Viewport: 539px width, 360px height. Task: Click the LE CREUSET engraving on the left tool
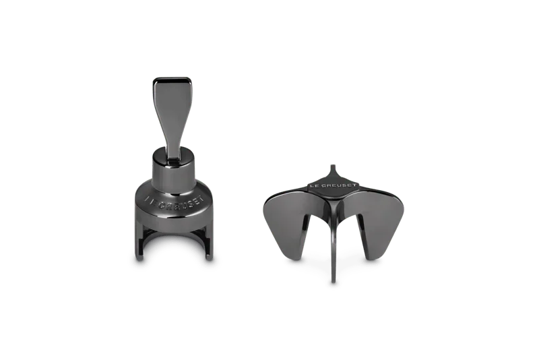[x=175, y=202]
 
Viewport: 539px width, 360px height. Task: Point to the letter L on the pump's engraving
[x=147, y=198]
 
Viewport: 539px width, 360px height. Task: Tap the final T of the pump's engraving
[x=201, y=199]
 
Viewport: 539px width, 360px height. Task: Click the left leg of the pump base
[x=139, y=241]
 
